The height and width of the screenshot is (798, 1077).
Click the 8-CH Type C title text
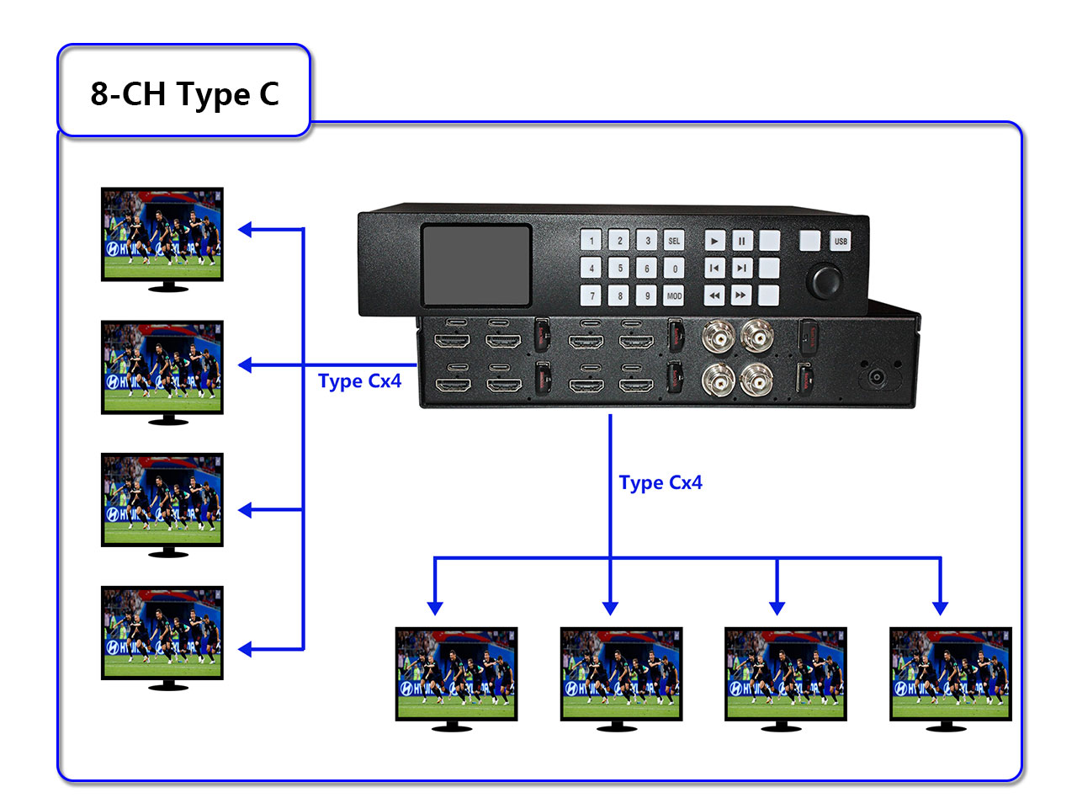click(x=184, y=93)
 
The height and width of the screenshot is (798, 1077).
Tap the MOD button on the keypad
click(x=674, y=296)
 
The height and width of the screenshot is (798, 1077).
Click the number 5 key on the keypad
click(x=619, y=269)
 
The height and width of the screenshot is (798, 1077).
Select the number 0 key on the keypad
click(x=674, y=269)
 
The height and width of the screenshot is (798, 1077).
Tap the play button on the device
click(x=714, y=241)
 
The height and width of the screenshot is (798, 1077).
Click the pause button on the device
click(x=741, y=241)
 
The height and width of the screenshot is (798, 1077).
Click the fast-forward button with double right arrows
click(x=740, y=295)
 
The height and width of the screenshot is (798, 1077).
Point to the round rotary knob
click(x=824, y=281)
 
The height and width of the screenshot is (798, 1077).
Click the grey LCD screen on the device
click(x=476, y=264)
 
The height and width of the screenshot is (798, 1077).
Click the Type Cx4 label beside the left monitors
click(x=360, y=381)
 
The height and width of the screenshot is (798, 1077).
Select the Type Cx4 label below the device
click(x=661, y=483)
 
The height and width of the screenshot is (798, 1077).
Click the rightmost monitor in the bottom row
click(x=951, y=673)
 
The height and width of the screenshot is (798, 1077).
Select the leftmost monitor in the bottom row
click(x=456, y=673)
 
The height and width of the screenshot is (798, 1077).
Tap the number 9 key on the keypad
click(x=646, y=296)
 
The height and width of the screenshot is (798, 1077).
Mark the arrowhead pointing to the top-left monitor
click(x=245, y=229)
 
